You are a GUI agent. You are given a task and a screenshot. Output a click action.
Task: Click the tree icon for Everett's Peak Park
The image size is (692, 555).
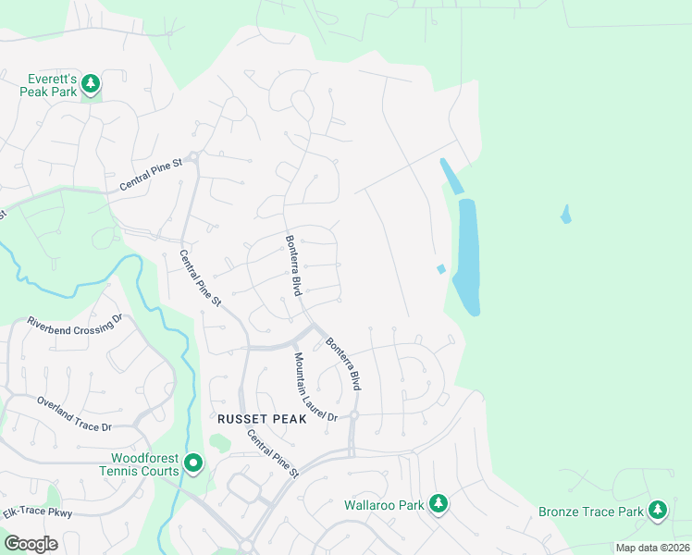point(91,85)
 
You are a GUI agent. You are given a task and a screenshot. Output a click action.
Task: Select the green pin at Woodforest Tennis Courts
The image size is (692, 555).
point(192,462)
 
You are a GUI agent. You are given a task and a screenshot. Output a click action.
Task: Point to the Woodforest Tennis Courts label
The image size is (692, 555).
point(144,464)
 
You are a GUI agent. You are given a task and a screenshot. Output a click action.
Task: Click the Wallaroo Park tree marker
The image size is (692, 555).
point(439,504)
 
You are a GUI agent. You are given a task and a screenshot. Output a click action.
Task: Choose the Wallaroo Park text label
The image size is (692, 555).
point(384,505)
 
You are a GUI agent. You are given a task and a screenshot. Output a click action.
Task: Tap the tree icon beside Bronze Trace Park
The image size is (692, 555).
point(657,510)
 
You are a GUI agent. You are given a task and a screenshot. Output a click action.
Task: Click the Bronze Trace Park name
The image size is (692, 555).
point(591,512)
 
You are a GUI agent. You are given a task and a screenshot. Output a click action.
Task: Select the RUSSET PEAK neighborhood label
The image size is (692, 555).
point(255,419)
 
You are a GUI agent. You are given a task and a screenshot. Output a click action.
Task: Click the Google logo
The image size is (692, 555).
point(31,544)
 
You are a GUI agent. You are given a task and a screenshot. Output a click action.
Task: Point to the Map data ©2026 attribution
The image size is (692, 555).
point(651,548)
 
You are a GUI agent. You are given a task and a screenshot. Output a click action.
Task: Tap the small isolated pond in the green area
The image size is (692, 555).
point(565,215)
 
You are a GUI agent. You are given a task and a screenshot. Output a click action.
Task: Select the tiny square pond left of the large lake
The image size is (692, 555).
point(440,269)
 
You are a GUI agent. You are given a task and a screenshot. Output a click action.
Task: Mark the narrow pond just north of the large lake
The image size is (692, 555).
point(451,175)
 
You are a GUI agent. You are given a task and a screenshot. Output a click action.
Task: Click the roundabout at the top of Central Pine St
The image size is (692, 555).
point(193,155)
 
